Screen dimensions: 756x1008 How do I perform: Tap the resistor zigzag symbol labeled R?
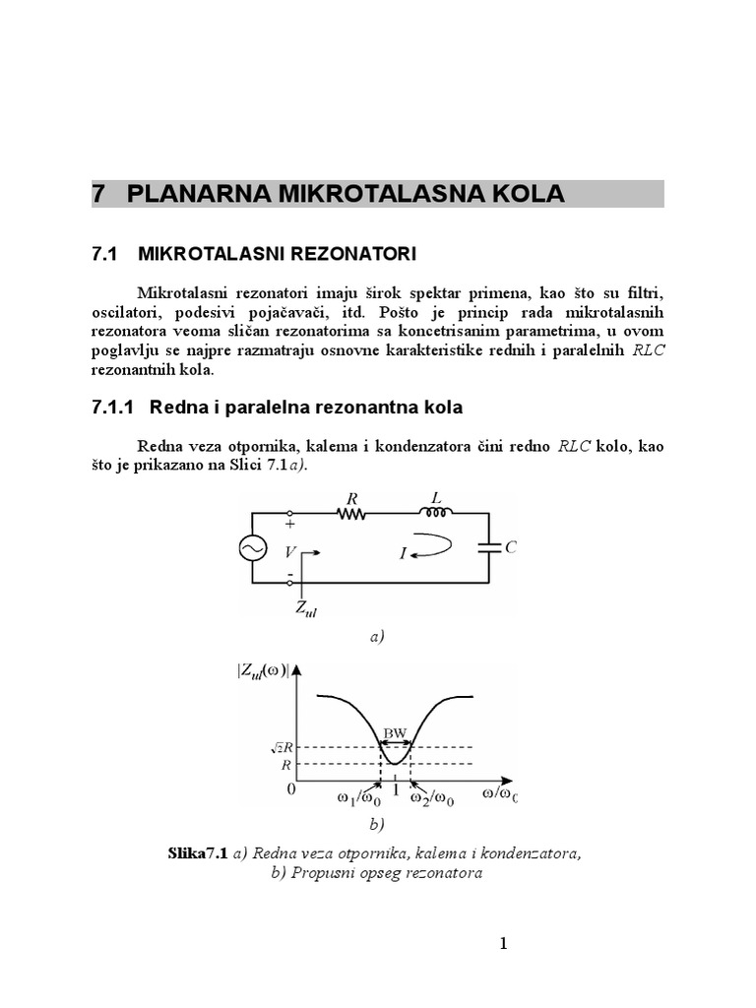[350, 513]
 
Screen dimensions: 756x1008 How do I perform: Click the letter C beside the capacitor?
[511, 548]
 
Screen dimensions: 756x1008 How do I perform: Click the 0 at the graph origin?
[290, 789]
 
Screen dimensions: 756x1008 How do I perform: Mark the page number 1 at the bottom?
[503, 944]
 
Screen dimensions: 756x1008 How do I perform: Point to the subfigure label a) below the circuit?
[378, 637]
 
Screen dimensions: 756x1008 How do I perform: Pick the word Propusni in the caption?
[320, 873]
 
